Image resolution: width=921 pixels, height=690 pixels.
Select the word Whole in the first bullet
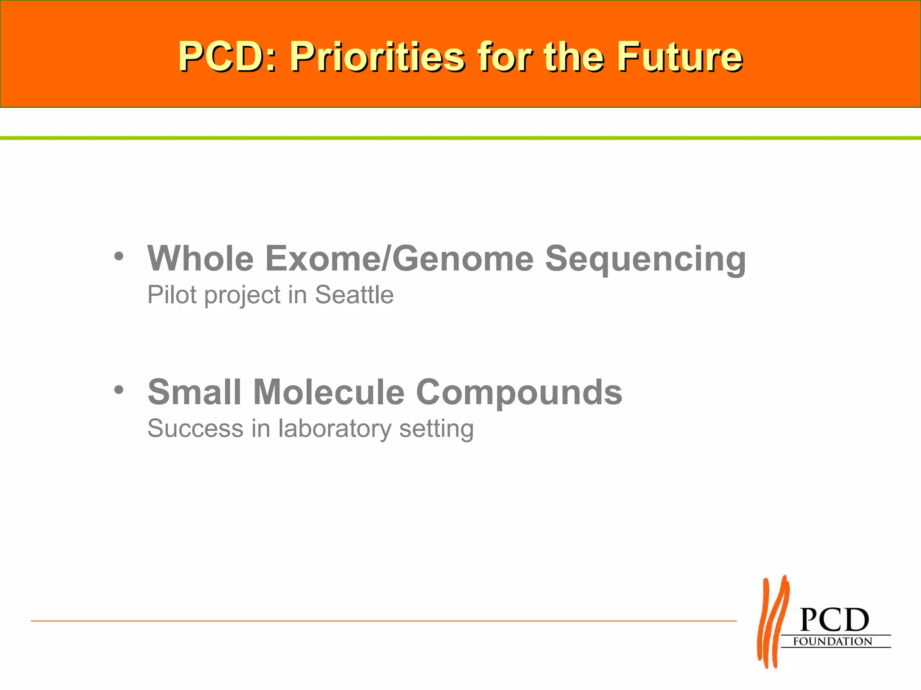201,259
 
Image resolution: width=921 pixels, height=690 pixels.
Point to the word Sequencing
645,260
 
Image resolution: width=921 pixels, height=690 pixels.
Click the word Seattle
354,295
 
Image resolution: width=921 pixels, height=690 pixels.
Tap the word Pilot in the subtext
172,295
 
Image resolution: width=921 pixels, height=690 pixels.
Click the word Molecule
329,392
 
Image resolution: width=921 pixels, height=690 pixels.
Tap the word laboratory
335,429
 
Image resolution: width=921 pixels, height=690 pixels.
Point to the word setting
436,429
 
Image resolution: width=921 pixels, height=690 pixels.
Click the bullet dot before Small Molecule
118,389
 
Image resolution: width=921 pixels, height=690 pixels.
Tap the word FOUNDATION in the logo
832,641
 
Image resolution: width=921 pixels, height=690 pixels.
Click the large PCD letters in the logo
834,620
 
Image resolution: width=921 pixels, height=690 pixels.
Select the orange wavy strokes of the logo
773,622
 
